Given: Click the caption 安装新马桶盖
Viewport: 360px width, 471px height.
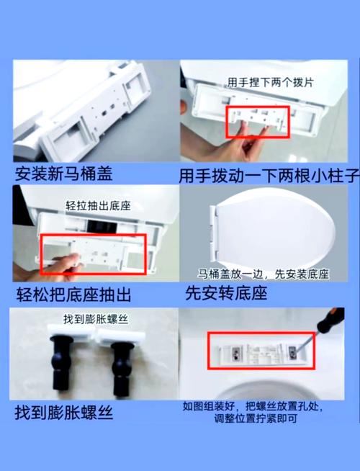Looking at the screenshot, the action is (x=63, y=174).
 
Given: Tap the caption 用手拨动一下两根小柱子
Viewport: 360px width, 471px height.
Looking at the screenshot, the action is (x=269, y=176).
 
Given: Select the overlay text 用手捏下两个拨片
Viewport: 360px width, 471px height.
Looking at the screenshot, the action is (x=270, y=82).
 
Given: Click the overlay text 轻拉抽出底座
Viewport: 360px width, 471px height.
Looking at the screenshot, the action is (x=99, y=206).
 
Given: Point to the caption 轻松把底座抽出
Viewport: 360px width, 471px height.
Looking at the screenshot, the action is (x=73, y=295).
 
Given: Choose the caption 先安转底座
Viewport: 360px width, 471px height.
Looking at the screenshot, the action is (x=226, y=293).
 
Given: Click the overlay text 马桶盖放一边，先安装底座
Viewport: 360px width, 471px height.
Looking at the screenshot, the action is (x=263, y=274).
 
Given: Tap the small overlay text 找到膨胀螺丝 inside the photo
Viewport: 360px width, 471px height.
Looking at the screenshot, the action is (x=96, y=319).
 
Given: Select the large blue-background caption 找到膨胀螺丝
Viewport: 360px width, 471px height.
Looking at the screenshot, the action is (x=64, y=413).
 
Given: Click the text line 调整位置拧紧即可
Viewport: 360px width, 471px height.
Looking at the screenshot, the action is (x=256, y=418).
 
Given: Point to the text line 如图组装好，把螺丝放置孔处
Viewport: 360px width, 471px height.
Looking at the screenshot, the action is (x=253, y=406).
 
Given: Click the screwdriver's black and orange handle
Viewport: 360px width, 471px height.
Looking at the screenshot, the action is (x=331, y=320).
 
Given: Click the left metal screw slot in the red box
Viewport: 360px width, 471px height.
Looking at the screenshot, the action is (x=236, y=352).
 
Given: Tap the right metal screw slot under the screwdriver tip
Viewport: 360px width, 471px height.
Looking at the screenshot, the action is (x=292, y=352).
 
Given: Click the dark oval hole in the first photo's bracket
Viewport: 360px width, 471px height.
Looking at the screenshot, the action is (x=104, y=113).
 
